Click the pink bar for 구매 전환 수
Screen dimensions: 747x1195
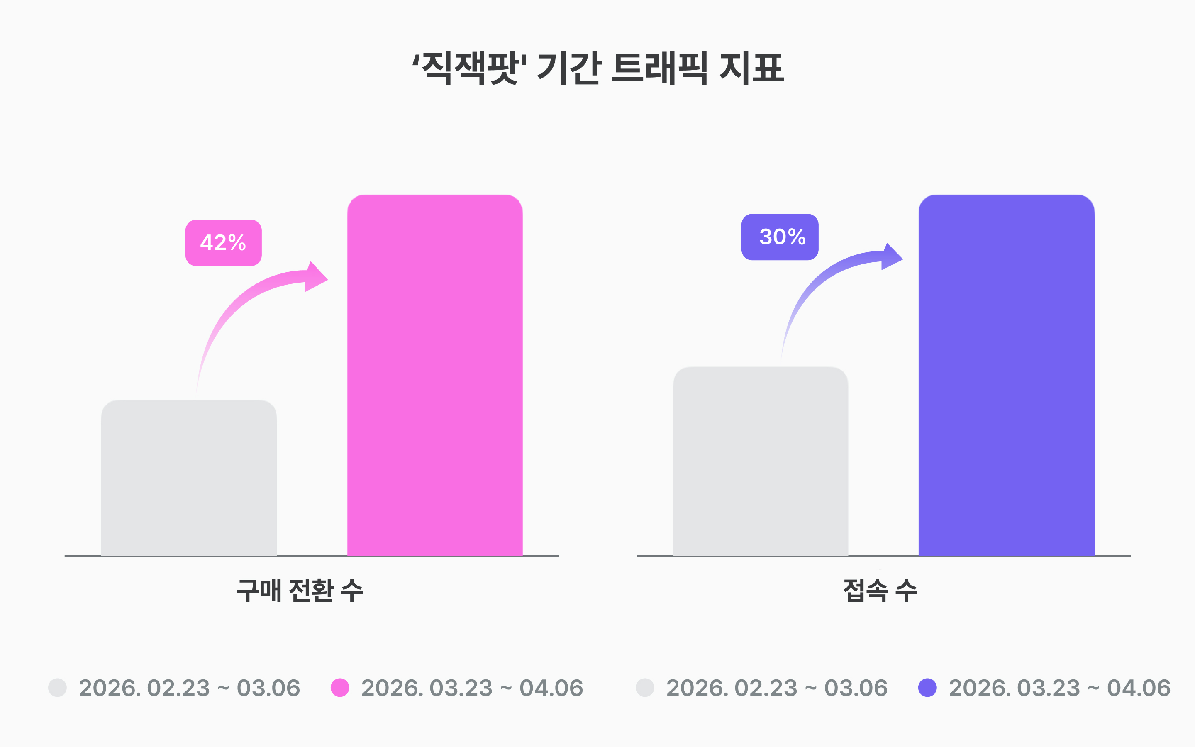434,375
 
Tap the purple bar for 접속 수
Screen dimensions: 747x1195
1006,375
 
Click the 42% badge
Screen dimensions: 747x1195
223,243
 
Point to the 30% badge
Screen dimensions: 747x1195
780,237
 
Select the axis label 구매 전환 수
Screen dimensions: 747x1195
300,591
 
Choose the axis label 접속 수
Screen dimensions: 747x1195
880,591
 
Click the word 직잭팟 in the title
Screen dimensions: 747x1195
469,68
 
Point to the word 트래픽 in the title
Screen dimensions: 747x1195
659,68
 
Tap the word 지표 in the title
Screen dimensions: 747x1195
751,68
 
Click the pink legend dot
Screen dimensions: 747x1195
340,688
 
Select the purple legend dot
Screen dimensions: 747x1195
927,688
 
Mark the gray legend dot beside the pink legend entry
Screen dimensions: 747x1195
57,688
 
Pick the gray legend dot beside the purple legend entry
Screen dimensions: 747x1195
645,688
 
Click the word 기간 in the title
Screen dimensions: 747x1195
569,68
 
